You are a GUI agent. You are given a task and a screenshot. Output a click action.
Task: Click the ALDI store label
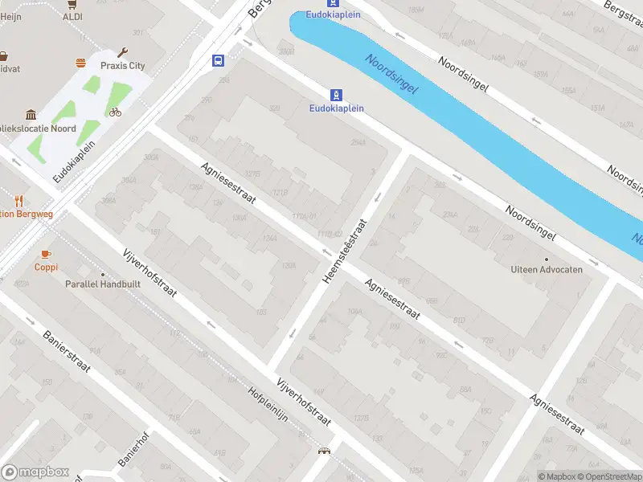point(72,16)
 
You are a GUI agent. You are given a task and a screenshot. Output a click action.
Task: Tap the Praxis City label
point(121,65)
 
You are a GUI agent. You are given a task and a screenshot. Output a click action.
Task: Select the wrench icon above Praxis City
point(123,52)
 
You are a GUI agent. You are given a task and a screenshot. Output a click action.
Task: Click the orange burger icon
point(80,63)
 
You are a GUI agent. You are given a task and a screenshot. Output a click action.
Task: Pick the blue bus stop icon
point(218,60)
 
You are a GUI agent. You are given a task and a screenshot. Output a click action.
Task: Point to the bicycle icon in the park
point(115,112)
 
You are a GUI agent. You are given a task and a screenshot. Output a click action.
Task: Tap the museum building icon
point(31,115)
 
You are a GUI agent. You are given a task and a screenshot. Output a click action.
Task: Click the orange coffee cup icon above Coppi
point(46,254)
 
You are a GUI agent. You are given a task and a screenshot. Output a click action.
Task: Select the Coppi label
point(46,267)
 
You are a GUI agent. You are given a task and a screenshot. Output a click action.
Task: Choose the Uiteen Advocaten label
point(547,270)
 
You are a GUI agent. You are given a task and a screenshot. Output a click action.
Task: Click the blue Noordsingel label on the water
point(391,74)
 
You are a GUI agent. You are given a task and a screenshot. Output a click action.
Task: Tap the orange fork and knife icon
point(19,201)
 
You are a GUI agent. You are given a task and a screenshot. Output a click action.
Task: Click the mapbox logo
point(35,472)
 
